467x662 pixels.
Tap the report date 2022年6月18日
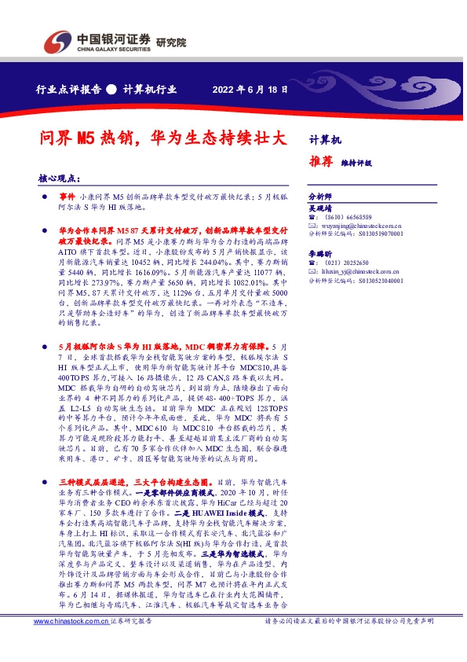coord(249,89)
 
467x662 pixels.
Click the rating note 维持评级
coord(356,163)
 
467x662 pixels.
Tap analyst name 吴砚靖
coord(319,209)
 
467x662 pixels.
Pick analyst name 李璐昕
coord(319,255)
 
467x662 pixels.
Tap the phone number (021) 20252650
coord(345,263)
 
